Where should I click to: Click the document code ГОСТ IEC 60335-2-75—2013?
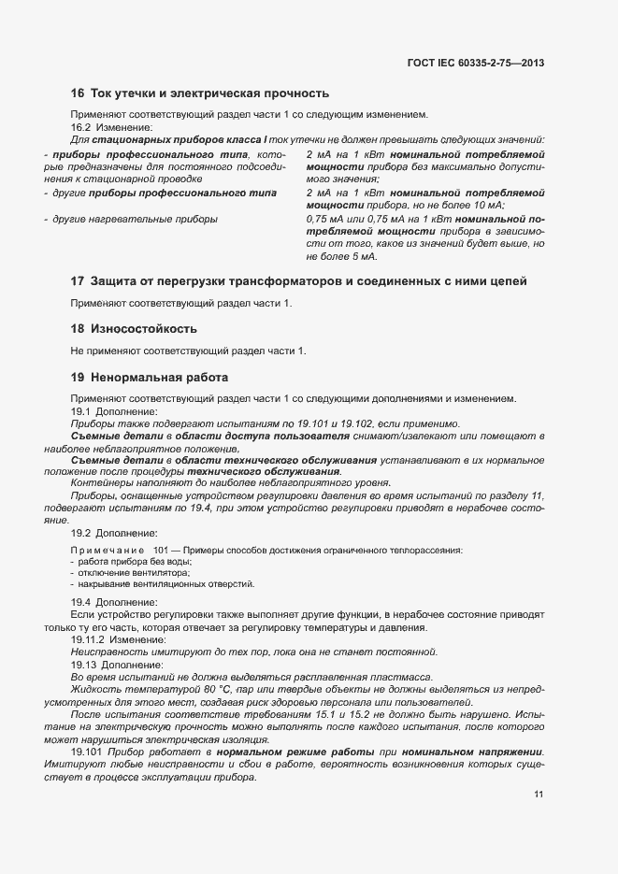pyautogui.click(x=476, y=64)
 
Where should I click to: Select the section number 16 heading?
pyautogui.click(x=78, y=93)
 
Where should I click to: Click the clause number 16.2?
pyautogui.click(x=80, y=127)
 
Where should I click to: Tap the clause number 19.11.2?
pyautogui.click(x=87, y=639)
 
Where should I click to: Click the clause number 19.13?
pyautogui.click(x=84, y=665)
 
